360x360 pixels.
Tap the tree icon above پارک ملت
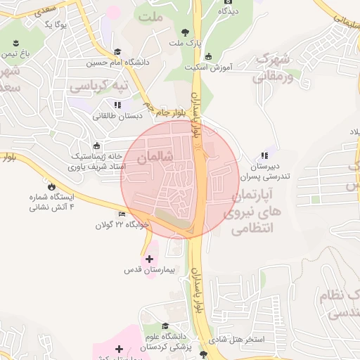[186, 32]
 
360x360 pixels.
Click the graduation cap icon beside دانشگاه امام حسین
[117, 51]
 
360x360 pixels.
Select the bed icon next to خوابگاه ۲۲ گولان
[122, 214]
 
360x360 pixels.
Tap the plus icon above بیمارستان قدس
[148, 258]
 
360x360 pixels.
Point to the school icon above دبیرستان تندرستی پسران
[264, 155]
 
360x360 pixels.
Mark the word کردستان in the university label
[153, 347]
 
